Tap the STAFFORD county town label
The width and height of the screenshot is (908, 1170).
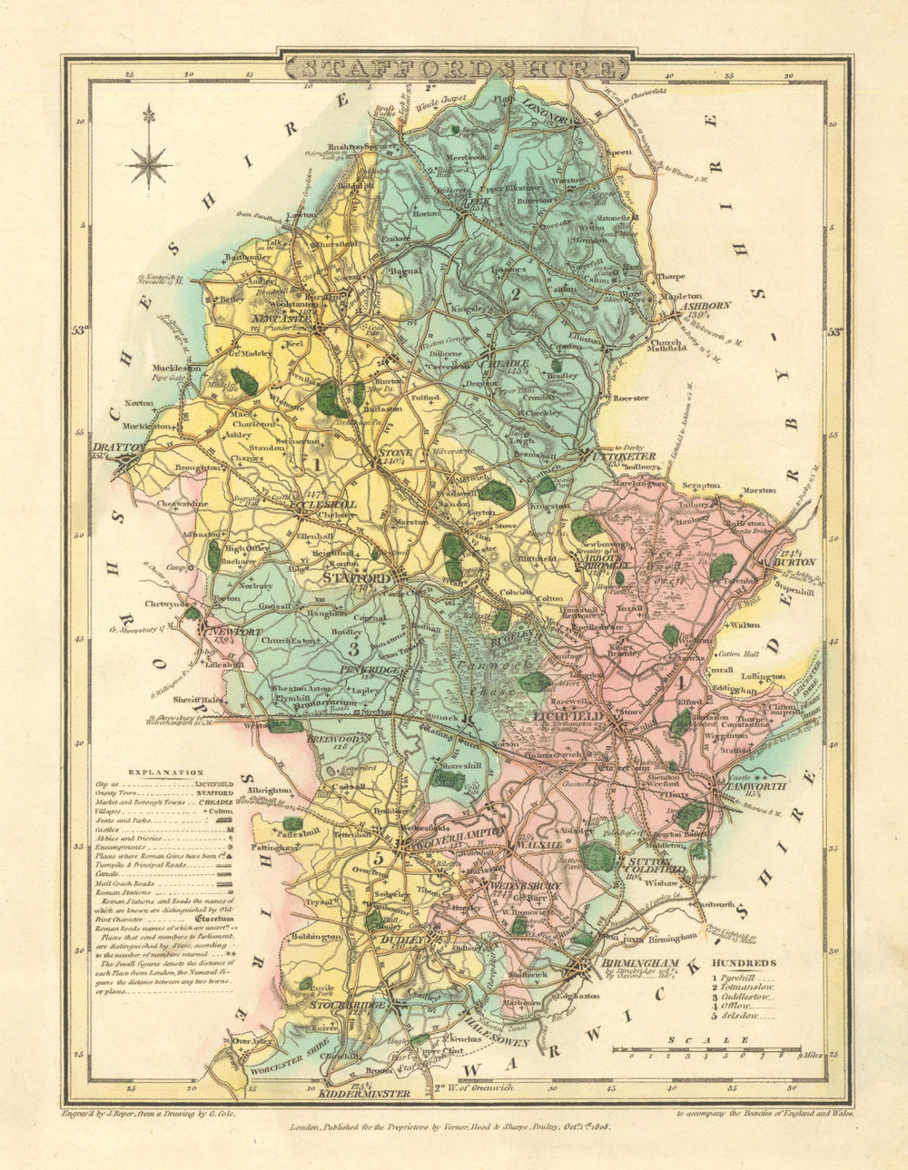pyautogui.click(x=358, y=576)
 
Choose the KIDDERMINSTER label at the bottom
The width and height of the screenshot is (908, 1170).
pyautogui.click(x=375, y=1094)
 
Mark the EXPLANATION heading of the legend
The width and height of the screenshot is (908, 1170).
pyautogui.click(x=165, y=772)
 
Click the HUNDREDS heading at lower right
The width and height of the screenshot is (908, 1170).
pyautogui.click(x=744, y=962)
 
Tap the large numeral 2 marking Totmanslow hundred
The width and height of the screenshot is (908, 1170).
pyautogui.click(x=513, y=292)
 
